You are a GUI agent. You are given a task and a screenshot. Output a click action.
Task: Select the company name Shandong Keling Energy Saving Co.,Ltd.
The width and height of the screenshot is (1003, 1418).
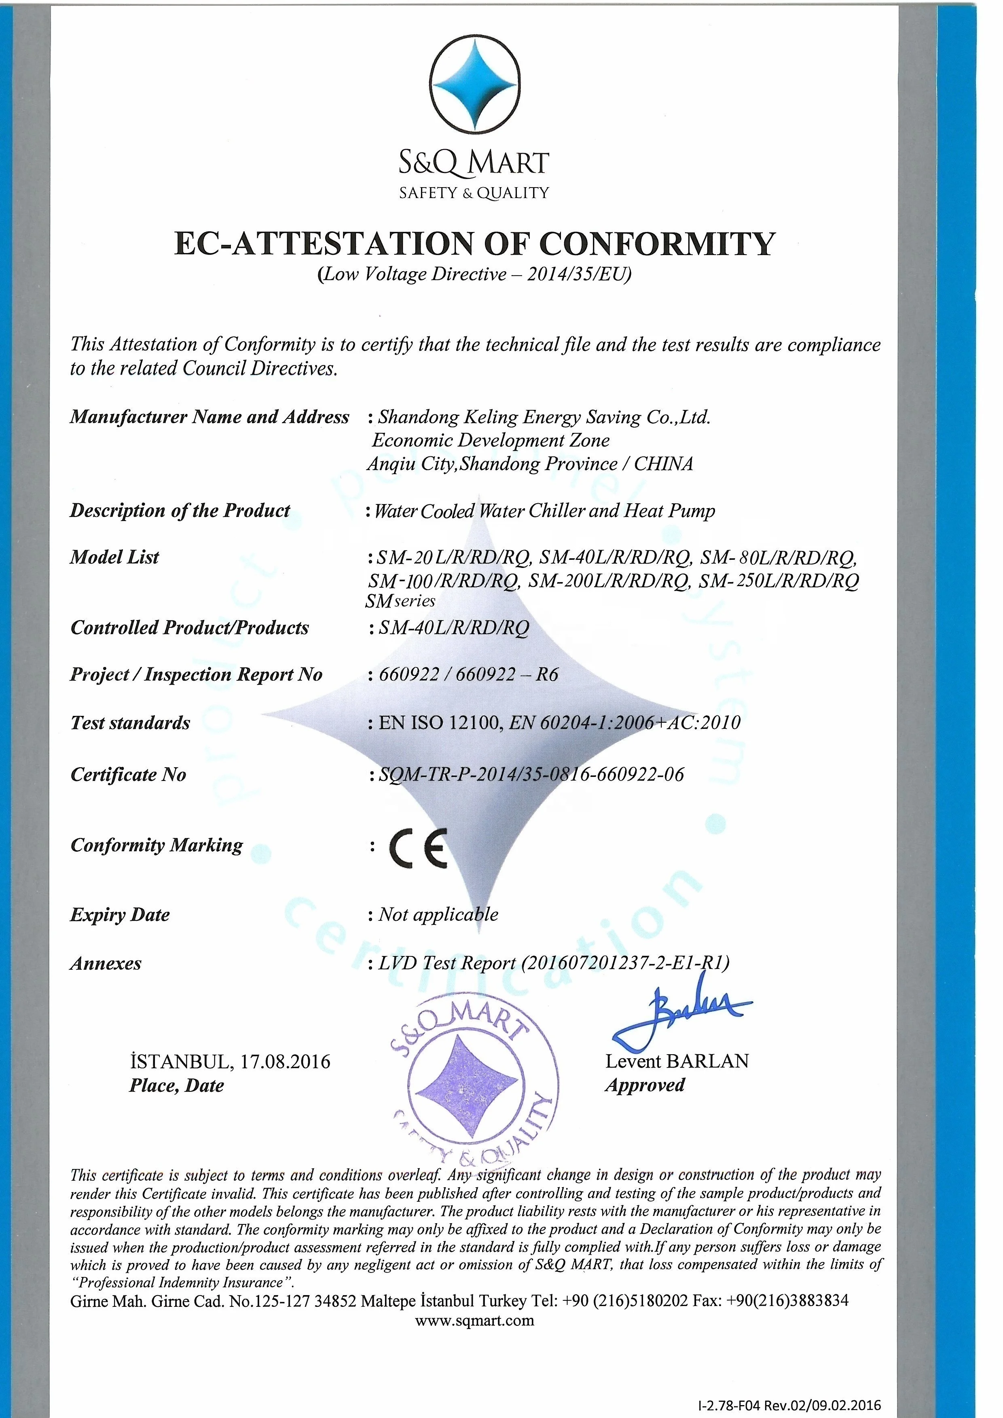click(x=544, y=418)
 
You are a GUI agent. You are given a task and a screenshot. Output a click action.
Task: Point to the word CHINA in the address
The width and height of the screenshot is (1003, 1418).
click(x=663, y=464)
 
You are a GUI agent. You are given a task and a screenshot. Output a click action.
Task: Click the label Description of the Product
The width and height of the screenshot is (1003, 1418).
click(x=180, y=511)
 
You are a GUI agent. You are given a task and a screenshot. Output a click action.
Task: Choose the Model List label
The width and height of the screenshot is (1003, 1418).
click(x=114, y=557)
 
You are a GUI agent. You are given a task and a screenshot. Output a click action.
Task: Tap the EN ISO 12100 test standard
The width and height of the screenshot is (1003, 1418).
click(x=439, y=723)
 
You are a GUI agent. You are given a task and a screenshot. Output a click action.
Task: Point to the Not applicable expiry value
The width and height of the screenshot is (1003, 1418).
click(x=438, y=915)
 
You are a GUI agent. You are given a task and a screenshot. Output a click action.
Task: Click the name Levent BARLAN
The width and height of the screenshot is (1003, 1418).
click(x=677, y=1061)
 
